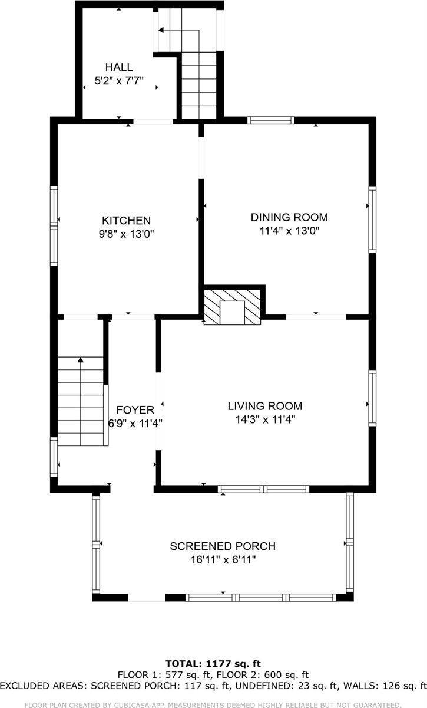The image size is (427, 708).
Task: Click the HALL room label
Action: click(119, 67)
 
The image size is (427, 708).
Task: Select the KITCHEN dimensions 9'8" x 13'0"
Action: click(127, 233)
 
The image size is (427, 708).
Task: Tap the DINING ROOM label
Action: click(289, 217)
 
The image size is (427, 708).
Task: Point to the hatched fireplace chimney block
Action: click(233, 306)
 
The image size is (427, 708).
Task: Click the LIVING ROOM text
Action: click(265, 406)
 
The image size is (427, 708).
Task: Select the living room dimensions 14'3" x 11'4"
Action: click(265, 419)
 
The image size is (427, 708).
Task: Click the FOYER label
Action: click(135, 409)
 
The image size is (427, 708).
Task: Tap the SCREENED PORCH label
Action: click(223, 546)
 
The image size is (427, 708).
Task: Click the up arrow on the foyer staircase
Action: click(81, 359)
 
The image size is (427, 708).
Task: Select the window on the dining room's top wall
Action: click(270, 120)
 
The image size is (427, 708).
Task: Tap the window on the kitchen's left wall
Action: click(54, 225)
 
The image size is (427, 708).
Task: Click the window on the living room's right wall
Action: click(372, 398)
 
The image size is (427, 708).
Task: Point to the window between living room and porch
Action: click(263, 489)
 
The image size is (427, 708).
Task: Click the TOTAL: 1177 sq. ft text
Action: click(213, 664)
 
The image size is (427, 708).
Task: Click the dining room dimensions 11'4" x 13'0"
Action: click(289, 231)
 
